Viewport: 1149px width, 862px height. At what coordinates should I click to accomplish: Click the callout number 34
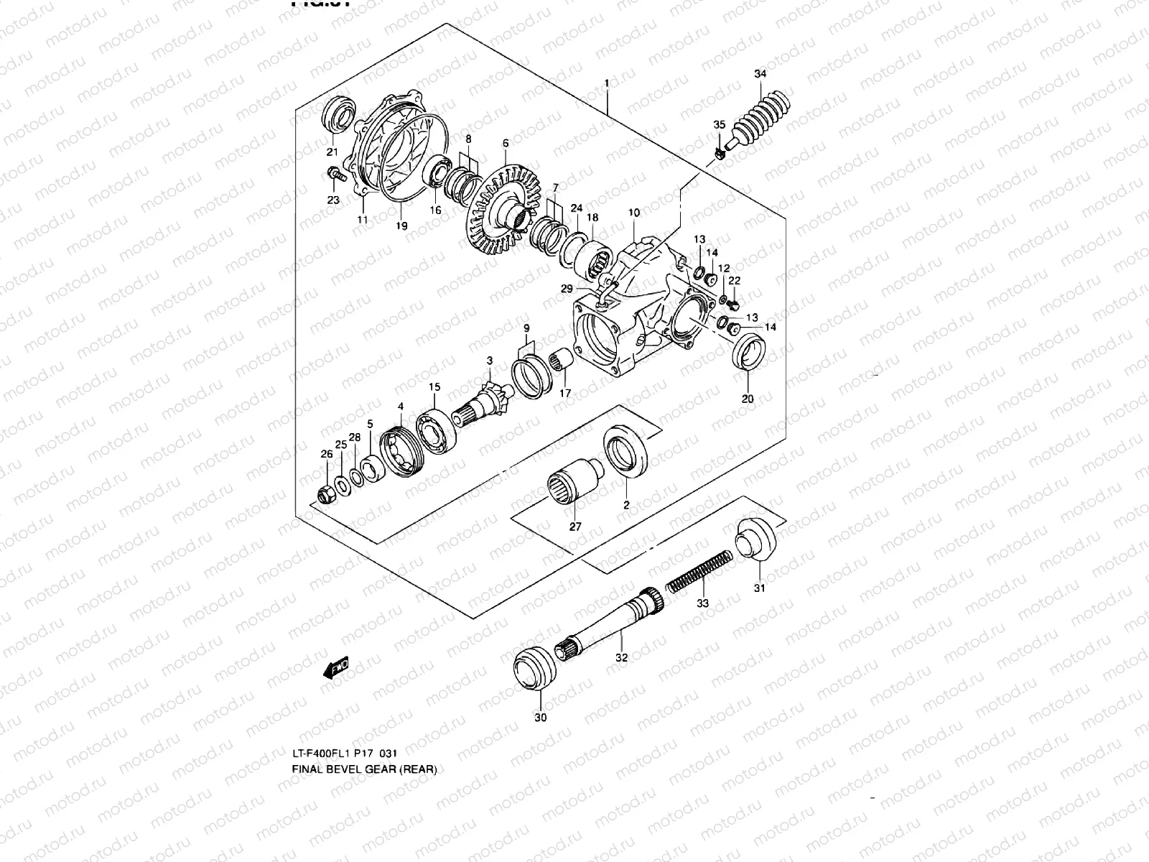(760, 74)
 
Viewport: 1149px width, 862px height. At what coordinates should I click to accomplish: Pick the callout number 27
(575, 526)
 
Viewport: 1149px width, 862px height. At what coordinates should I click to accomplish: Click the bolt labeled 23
(335, 174)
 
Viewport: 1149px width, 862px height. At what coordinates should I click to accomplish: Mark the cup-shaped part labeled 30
(534, 668)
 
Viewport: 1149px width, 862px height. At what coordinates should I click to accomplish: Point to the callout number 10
(633, 213)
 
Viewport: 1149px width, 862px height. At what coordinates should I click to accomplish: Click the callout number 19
(401, 226)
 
